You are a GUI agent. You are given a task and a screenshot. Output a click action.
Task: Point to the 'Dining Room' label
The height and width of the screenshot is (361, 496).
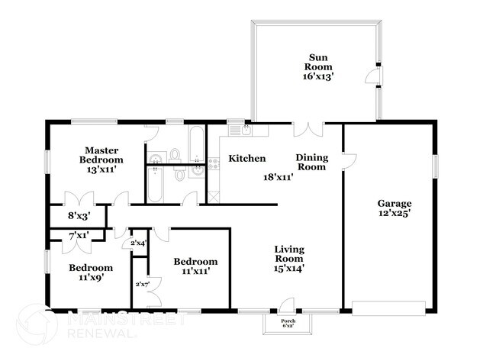[x=312, y=162]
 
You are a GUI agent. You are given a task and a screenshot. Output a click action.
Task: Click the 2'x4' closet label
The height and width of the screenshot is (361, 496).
[x=138, y=243]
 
